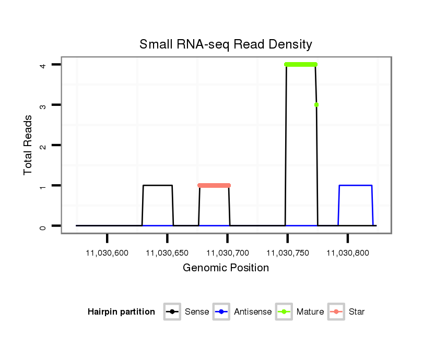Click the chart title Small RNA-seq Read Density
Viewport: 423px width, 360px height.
(226, 44)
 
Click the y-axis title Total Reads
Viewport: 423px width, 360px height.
(28, 145)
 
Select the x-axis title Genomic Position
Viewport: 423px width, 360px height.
(226, 268)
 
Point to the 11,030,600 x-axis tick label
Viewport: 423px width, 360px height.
(107, 253)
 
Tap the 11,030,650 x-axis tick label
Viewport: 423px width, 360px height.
(167, 253)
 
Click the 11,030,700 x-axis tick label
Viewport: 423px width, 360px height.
(227, 253)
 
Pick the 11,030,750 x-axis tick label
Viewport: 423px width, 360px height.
(287, 253)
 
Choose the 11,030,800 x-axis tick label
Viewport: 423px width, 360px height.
(348, 253)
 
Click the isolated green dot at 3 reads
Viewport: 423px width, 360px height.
(316, 105)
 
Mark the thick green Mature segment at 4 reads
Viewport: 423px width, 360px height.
(301, 65)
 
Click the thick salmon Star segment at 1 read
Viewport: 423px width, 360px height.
(214, 185)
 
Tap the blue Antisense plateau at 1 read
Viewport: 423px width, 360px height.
(356, 185)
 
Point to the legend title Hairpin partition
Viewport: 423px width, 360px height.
(121, 312)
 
